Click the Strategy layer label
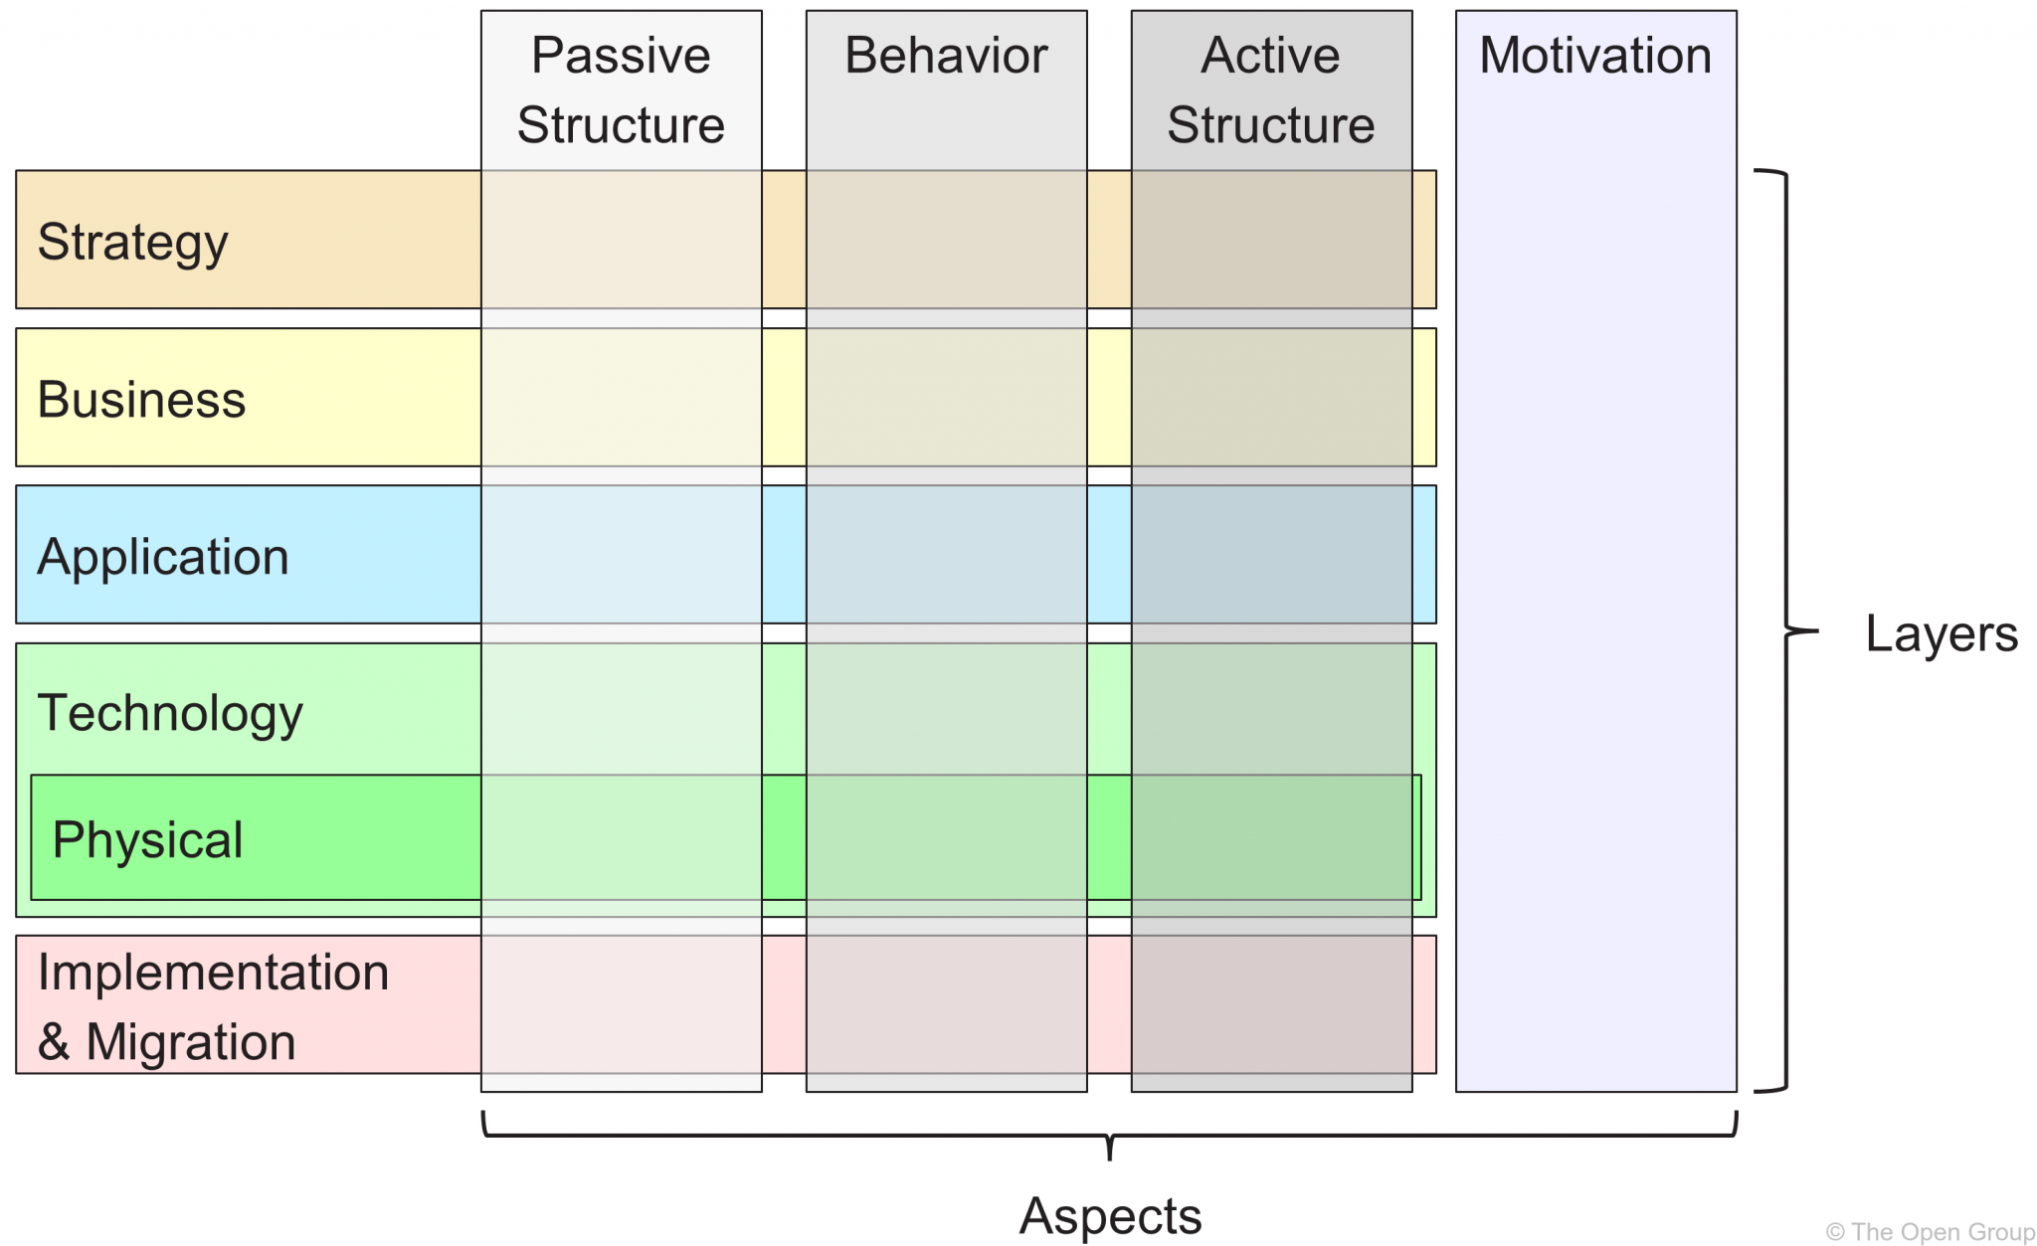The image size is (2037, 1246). click(x=132, y=242)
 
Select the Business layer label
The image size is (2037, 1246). click(x=141, y=400)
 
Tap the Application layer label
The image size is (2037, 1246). click(x=163, y=557)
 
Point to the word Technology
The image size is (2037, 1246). click(x=170, y=713)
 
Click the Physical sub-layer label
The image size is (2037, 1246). click(x=147, y=840)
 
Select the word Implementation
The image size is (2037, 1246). click(x=213, y=973)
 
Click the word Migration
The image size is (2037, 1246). click(x=191, y=1042)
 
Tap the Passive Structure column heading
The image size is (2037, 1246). click(x=621, y=89)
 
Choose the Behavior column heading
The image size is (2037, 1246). click(x=946, y=56)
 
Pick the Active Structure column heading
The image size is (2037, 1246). click(x=1270, y=89)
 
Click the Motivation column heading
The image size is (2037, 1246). click(x=1595, y=56)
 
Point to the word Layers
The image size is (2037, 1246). click(x=1941, y=633)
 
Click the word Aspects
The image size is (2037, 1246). click(x=1110, y=1215)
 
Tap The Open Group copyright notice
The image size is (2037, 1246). click(x=1930, y=1232)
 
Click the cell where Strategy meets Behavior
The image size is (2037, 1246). click(x=946, y=240)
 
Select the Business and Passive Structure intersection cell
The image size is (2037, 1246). click(x=621, y=398)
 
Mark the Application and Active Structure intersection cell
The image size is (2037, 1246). click(x=1271, y=555)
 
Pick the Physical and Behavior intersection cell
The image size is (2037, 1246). click(x=946, y=837)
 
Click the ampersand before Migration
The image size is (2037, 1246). click(x=54, y=1042)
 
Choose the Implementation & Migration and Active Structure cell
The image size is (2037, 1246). click(x=1271, y=1004)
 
